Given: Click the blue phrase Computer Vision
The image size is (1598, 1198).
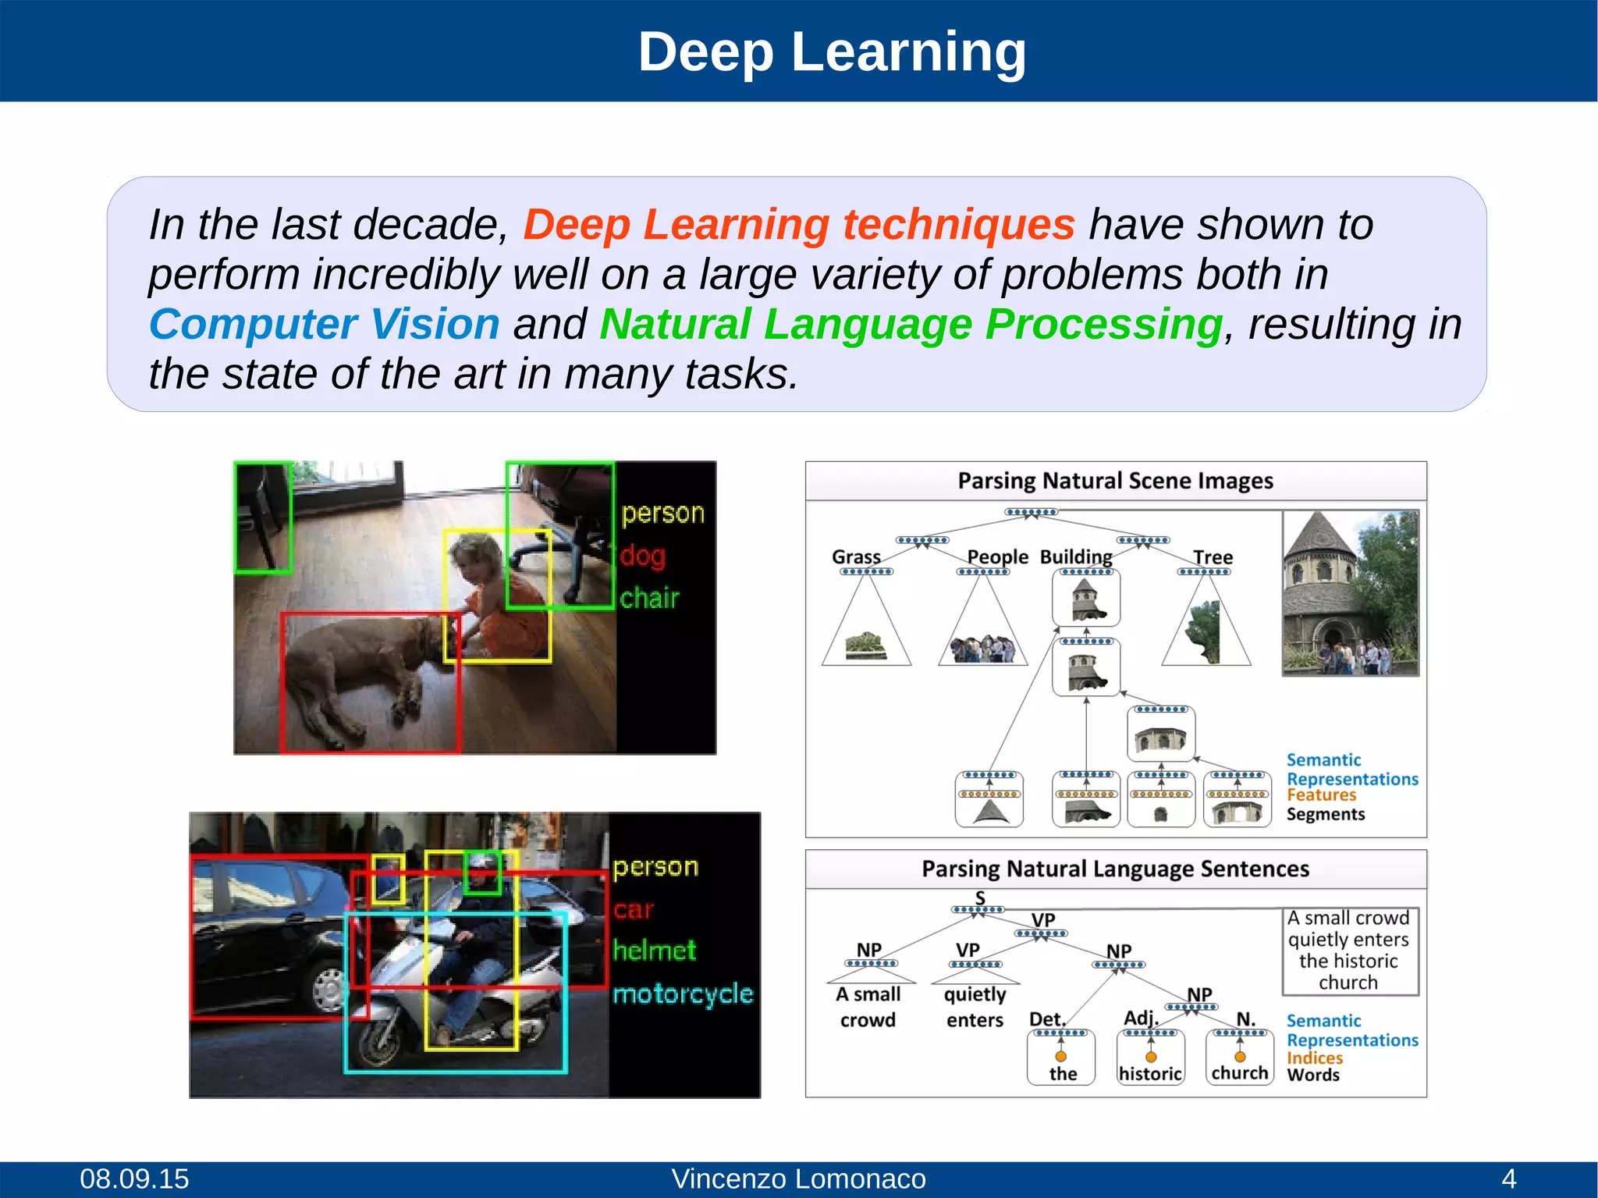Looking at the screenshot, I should coord(324,324).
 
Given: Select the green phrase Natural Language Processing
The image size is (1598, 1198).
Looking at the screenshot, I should coord(911,324).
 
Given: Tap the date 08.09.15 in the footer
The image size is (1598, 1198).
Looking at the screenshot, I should coord(134,1178).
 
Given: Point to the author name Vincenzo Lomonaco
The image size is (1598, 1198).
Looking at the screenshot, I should coord(798,1178).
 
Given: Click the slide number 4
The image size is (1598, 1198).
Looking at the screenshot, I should coord(1509,1178).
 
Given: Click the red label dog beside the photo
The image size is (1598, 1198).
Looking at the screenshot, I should coord(643,556).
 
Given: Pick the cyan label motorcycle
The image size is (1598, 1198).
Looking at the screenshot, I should coord(683,994).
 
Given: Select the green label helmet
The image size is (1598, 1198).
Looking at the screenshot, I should coord(654,951).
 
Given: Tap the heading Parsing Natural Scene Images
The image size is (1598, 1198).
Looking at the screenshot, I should coord(1115,481).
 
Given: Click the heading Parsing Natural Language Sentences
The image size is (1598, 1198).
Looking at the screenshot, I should coord(1115,869).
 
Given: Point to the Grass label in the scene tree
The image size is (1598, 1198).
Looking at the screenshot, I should coord(856,556).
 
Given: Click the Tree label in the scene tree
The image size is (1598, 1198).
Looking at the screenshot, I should coord(1213,557).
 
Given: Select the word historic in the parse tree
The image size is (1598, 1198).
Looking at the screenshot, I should coord(1150,1074).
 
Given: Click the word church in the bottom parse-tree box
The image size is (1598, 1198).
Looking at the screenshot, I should coord(1239,1073).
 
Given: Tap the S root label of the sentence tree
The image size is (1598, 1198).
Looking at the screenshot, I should coord(980,898).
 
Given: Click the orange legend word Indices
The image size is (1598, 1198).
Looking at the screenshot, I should coord(1315,1058).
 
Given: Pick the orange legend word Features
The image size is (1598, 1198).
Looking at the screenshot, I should coord(1321,795).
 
